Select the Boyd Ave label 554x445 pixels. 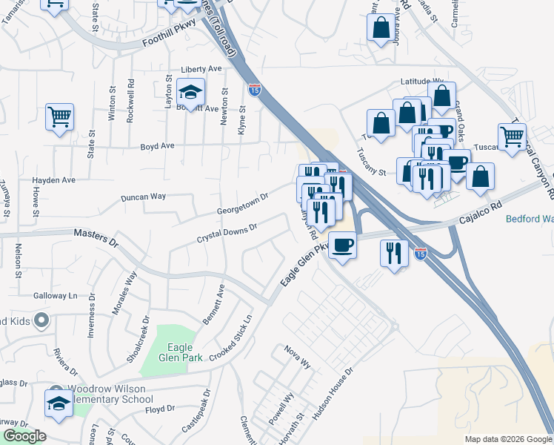click(158, 146)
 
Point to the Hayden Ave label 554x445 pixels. click(53, 180)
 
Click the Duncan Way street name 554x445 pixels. click(143, 197)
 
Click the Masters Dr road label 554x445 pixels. click(96, 238)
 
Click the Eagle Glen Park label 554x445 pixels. click(176, 352)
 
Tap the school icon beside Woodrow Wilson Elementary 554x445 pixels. click(59, 403)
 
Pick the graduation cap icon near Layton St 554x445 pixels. click(192, 92)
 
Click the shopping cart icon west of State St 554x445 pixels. click(59, 116)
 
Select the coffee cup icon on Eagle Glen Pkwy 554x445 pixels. click(342, 245)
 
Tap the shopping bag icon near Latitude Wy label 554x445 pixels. click(441, 96)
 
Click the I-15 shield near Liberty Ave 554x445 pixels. click(255, 90)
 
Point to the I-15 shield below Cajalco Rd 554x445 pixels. click(421, 253)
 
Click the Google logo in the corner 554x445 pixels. click(24, 436)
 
